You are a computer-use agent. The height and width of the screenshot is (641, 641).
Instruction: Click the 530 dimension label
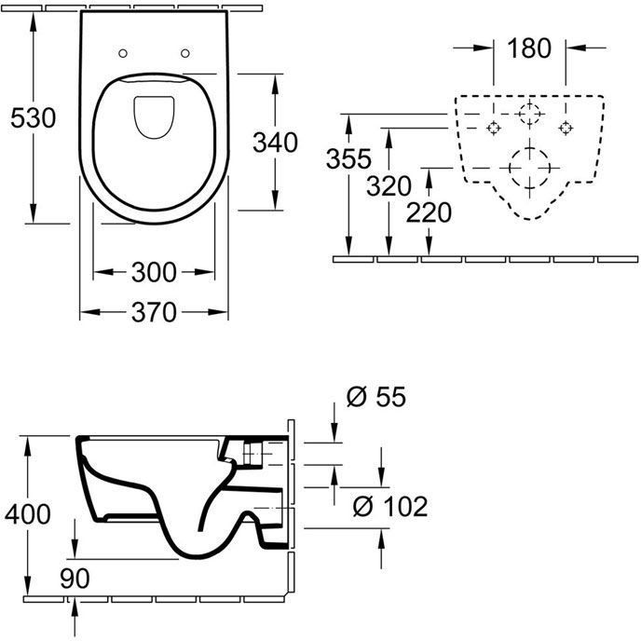pos(34,118)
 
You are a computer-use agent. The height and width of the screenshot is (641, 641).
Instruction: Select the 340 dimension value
pos(275,143)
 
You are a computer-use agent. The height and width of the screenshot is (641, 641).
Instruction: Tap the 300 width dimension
pos(154,272)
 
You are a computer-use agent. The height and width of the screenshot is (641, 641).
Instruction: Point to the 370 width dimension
pos(154,312)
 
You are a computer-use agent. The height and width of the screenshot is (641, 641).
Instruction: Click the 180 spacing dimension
pos(529,48)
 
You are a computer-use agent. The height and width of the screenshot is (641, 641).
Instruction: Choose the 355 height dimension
pos(348,158)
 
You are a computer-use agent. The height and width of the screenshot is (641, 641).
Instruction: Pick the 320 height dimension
pos(389,186)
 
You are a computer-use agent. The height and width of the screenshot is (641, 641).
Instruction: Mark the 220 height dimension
pos(429,212)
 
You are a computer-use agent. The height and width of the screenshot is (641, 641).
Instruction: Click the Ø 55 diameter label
pos(376,397)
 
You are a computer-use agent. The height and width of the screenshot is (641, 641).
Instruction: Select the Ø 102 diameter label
pos(390,507)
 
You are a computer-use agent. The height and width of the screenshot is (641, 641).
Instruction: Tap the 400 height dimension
pos(28,514)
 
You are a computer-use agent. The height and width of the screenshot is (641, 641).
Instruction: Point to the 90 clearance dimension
pos(75,579)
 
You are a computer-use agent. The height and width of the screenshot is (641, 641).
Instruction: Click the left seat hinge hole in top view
pos(123,53)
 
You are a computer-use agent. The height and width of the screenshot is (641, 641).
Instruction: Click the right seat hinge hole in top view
pos(185,53)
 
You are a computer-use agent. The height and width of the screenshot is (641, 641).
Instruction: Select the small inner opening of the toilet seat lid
pos(154,117)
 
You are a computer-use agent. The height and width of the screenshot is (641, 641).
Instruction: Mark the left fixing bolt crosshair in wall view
pos(494,128)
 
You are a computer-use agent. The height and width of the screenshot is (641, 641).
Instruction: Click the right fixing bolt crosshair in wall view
pos(566,128)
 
